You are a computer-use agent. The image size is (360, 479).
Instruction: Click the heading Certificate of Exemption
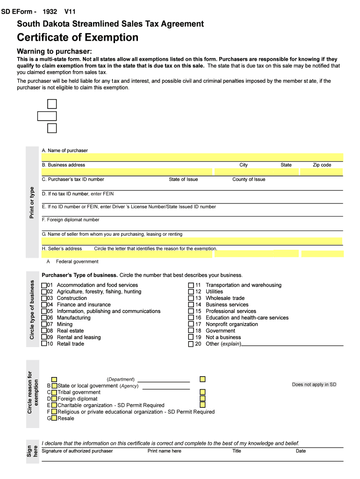point(78,37)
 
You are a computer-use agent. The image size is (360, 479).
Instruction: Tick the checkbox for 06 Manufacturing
point(44,318)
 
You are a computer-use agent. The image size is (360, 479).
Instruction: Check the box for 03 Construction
point(44,298)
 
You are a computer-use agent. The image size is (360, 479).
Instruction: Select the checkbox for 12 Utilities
point(191,291)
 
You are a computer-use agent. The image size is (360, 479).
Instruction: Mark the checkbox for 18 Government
point(191,331)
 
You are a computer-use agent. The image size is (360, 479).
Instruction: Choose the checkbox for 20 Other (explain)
point(191,344)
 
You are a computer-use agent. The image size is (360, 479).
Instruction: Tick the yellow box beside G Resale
point(54,418)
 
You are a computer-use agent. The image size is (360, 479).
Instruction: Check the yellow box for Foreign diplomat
point(54,399)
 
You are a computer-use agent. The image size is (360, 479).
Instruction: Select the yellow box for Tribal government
point(54,392)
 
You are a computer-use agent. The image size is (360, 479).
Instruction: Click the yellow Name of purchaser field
point(192,157)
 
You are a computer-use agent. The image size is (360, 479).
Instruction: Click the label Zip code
point(322,165)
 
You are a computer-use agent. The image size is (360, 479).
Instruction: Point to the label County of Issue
point(249,180)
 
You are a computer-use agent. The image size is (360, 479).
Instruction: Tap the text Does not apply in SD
point(314,385)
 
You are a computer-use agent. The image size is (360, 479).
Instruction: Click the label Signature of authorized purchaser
point(77,451)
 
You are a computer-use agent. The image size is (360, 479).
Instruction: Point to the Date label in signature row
point(301,451)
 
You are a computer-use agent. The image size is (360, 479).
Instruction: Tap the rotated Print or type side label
point(32,202)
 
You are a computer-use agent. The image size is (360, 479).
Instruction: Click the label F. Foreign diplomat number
point(71,220)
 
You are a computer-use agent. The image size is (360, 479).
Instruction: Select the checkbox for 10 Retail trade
point(44,344)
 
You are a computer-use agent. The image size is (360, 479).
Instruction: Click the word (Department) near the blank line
point(121,379)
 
